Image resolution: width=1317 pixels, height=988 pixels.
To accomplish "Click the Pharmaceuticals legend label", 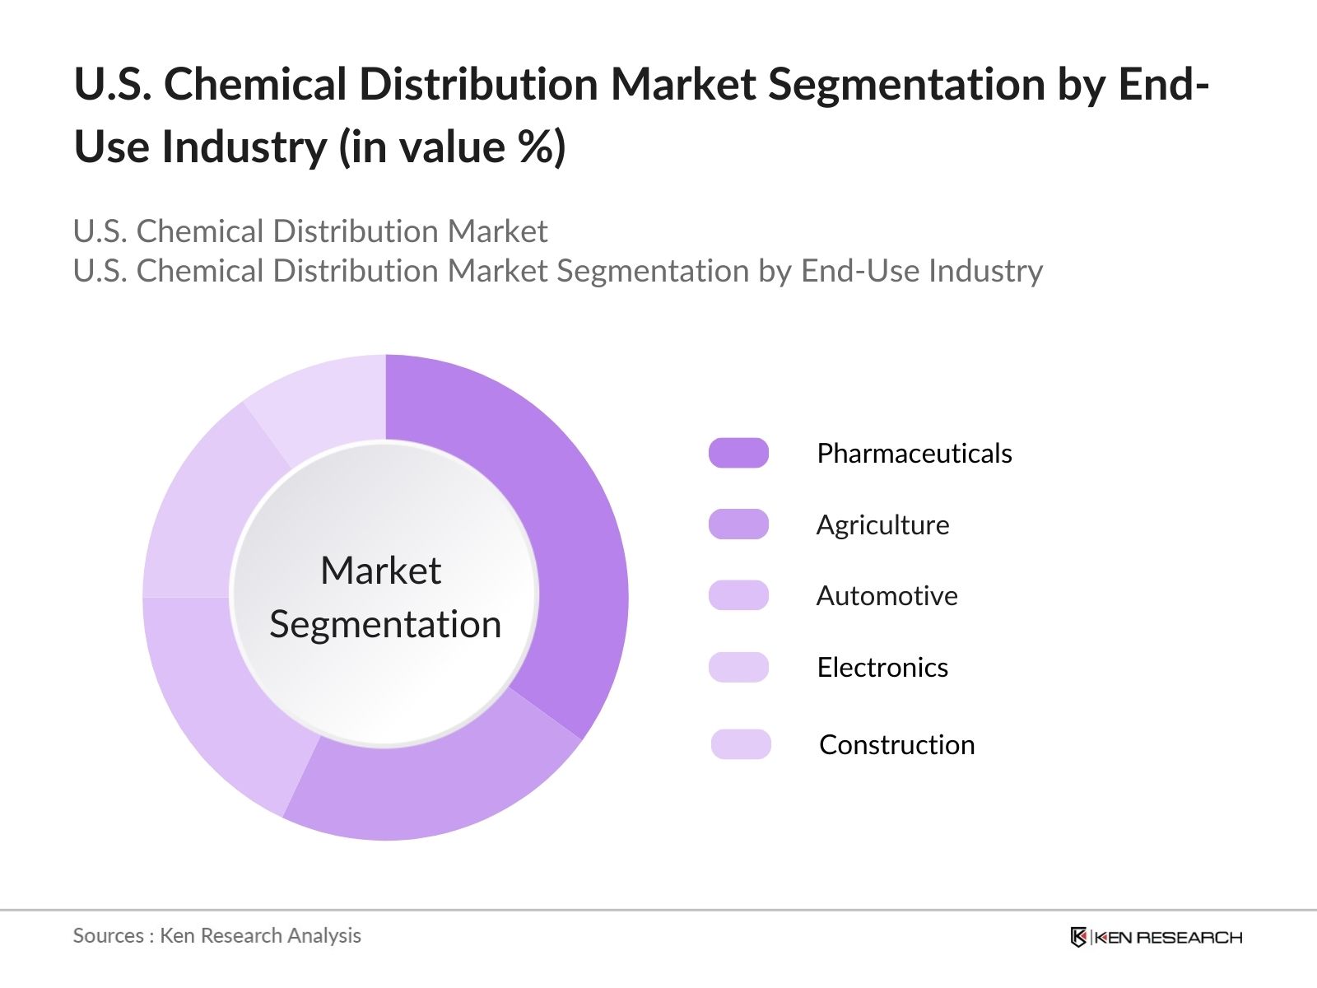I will (x=914, y=454).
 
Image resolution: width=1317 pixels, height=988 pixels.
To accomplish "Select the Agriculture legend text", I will (x=882, y=525).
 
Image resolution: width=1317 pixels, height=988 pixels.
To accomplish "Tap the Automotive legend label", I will (x=887, y=596).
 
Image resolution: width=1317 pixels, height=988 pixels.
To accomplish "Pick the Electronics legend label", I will (x=882, y=668).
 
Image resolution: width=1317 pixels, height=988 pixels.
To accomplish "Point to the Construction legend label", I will (x=896, y=745).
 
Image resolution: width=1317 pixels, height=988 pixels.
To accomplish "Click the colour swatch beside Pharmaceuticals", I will (x=738, y=453).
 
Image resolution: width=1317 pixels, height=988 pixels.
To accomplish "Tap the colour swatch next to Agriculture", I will (x=738, y=524).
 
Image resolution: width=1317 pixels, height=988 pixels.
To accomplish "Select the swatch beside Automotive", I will (x=738, y=595).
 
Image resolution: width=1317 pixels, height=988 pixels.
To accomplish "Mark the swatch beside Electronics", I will (x=738, y=667).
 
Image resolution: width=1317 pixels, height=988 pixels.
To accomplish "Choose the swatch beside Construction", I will (x=741, y=744).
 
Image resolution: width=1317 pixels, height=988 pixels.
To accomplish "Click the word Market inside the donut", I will (x=380, y=571).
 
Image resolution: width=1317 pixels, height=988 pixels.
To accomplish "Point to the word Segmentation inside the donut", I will (x=385, y=625).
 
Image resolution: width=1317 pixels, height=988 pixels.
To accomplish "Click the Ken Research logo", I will (x=1156, y=937).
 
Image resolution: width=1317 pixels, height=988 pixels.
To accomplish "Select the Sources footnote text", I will (x=216, y=936).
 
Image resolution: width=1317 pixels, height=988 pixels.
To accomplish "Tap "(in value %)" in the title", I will (x=452, y=147).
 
